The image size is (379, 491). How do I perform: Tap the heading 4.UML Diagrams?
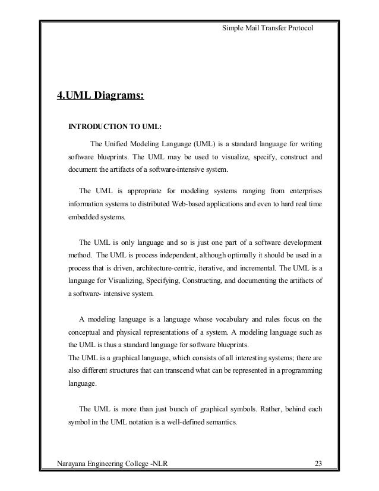click(100, 96)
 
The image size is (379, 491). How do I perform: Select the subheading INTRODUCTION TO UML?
click(116, 127)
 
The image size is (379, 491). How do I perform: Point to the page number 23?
click(318, 463)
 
